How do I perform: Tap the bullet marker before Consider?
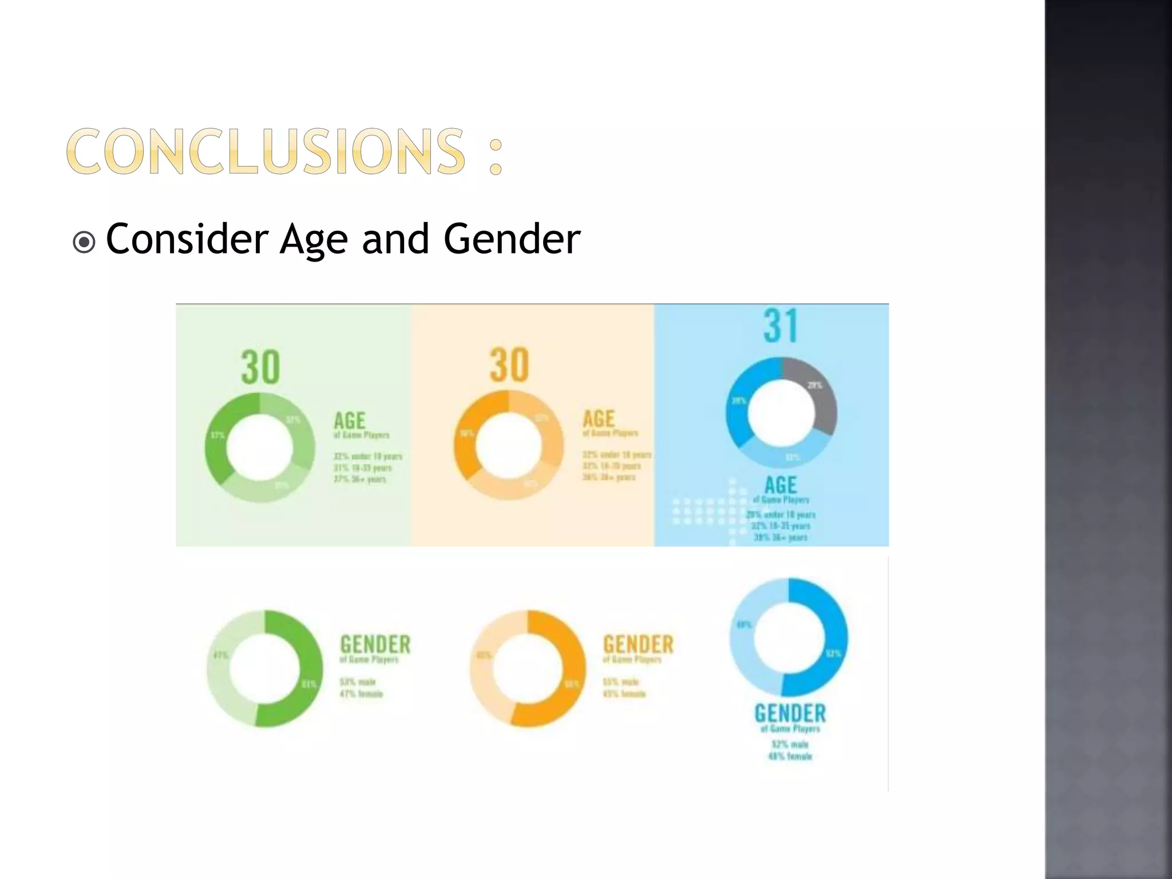tap(84, 242)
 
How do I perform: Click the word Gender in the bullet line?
tap(512, 239)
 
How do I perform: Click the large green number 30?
tap(260, 367)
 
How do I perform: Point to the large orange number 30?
tap(509, 365)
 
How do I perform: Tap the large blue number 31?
tap(781, 326)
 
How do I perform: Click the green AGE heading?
tap(350, 421)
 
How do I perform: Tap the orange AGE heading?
tap(599, 418)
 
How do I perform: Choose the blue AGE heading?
tap(781, 485)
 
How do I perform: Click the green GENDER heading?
tap(375, 644)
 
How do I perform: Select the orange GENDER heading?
tap(638, 644)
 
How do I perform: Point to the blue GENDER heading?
tap(790, 714)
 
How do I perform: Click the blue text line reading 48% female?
tap(790, 757)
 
